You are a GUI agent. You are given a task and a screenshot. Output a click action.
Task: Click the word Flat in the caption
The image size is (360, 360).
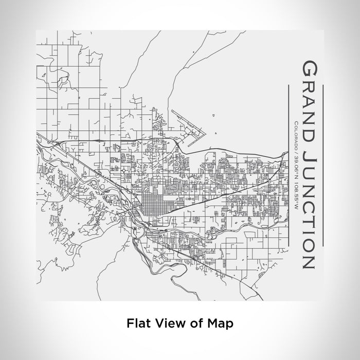[137, 324]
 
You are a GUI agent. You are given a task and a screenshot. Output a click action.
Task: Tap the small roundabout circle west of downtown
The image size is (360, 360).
[125, 169]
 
